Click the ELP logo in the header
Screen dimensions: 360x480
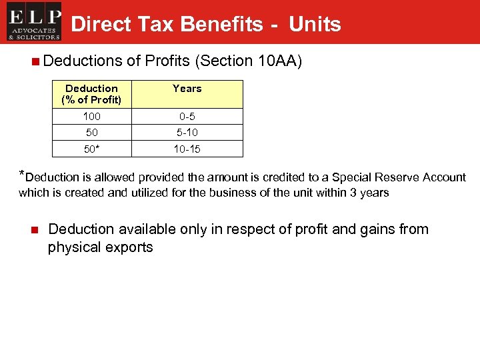tap(34, 23)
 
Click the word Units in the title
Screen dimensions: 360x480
tap(315, 25)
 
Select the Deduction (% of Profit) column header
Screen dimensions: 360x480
tap(92, 94)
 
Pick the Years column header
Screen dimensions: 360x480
tap(187, 89)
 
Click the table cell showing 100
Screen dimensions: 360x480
tap(92, 117)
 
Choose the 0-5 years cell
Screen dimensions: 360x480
tap(187, 117)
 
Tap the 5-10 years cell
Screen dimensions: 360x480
tap(187, 133)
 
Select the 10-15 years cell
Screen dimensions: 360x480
tap(187, 149)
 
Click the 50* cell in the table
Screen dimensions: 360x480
tap(92, 149)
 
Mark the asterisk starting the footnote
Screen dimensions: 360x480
tap(22, 175)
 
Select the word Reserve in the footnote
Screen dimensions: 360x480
tap(397, 177)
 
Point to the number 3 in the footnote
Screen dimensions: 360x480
tap(345, 193)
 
